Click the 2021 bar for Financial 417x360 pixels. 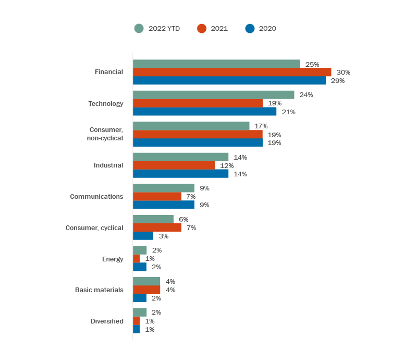232,72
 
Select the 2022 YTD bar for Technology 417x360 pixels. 213,95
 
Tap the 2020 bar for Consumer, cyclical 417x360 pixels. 143,236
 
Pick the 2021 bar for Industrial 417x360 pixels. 174,165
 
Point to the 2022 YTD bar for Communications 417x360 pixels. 164,188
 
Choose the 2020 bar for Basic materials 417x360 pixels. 140,298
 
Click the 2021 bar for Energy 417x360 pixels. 137,258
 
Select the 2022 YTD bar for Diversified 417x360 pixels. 140,312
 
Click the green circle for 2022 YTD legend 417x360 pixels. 139,29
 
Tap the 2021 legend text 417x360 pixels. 219,29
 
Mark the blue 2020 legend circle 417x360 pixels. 250,29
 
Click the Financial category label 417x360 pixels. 109,72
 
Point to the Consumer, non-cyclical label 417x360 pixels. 106,134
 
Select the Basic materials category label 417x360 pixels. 99,290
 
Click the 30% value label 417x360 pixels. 344,72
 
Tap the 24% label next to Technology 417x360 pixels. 306,95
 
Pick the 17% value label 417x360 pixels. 261,126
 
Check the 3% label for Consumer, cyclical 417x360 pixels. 164,236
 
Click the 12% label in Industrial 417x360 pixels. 227,165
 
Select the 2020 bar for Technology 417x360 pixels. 204,112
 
